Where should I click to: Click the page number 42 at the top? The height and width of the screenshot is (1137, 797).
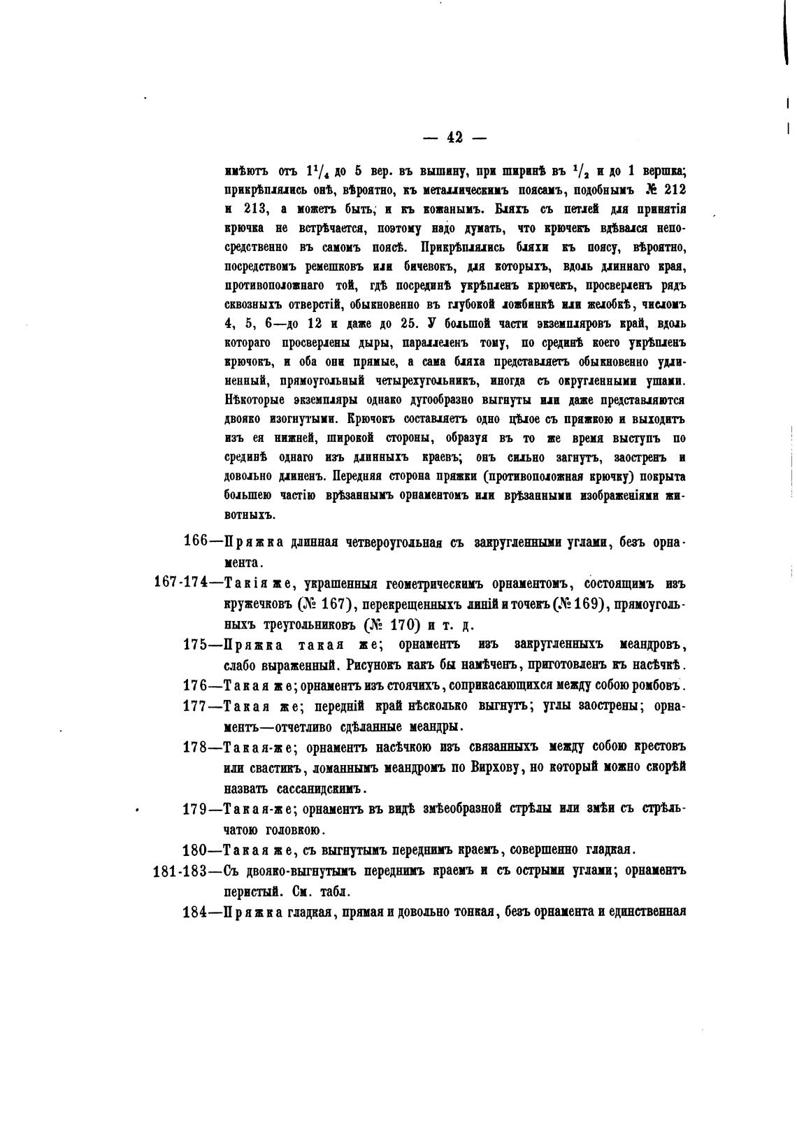(454, 138)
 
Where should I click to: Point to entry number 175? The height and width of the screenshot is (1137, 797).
(195, 644)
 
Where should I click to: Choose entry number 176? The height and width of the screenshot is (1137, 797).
(195, 685)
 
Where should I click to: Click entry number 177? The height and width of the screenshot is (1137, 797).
(195, 705)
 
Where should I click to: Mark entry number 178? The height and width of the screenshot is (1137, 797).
(195, 747)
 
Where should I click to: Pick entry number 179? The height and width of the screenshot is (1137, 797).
(195, 809)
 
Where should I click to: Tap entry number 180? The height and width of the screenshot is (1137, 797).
(195, 850)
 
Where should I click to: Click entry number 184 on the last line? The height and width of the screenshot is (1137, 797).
(195, 911)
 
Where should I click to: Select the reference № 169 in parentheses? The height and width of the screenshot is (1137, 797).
(577, 604)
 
